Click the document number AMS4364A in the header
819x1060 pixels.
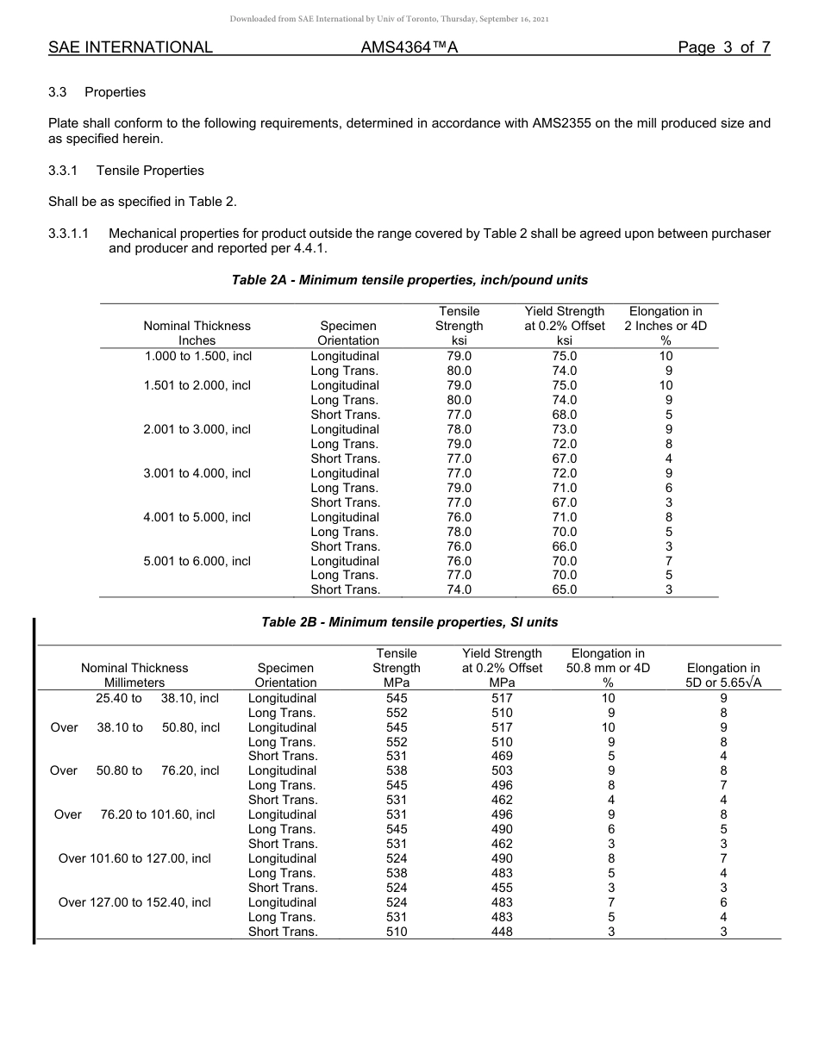pos(409,47)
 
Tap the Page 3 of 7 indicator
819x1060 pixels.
pos(723,47)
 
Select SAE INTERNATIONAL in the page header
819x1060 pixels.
pos(130,47)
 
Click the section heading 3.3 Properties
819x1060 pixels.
pos(97,92)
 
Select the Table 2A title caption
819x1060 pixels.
pos(409,280)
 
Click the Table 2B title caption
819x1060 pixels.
pos(409,622)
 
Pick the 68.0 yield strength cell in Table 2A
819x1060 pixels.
pos(565,415)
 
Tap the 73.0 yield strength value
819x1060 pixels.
pos(565,429)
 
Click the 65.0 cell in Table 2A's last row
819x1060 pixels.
pos(565,590)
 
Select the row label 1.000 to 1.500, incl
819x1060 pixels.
pos(197,356)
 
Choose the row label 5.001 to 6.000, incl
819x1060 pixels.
pos(197,561)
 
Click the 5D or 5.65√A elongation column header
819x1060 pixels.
pos(723,683)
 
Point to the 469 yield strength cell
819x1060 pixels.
pos(502,756)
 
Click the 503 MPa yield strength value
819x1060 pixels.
pos(502,770)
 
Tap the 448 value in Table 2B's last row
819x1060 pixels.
pos(502,932)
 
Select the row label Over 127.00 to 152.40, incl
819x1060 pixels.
pos(134,902)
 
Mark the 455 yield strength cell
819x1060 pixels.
pos(502,888)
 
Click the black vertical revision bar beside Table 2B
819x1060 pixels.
pos(34,780)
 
